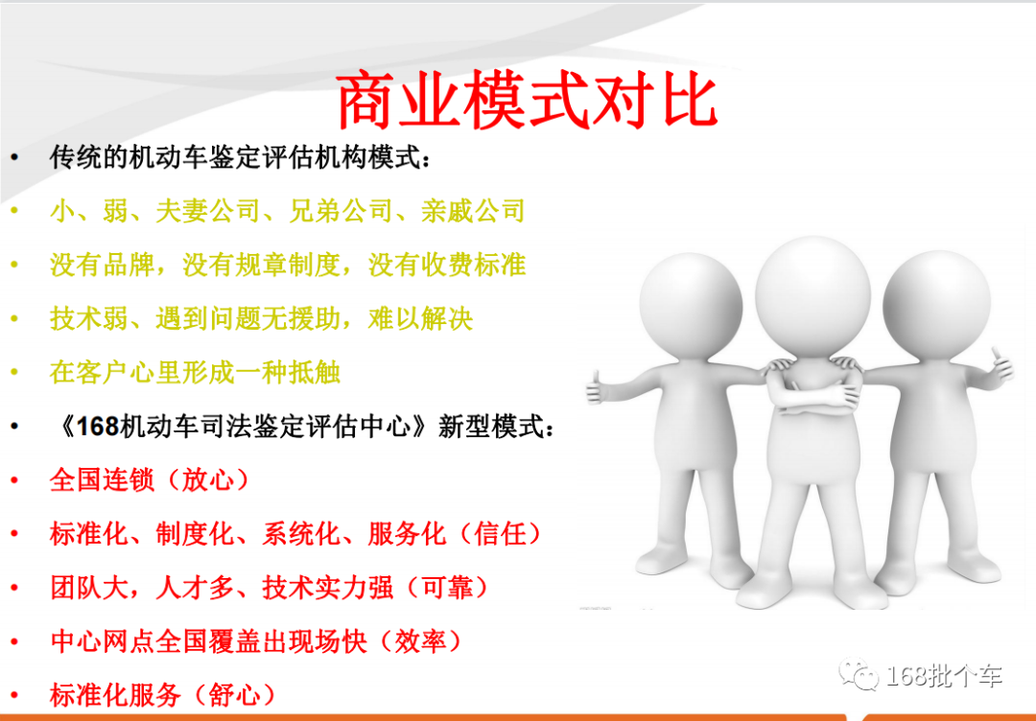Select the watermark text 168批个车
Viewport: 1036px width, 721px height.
[945, 675]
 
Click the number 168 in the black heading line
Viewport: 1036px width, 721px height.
[96, 427]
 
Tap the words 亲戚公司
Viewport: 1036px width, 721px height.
[473, 210]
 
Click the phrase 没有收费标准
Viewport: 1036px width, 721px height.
[447, 264]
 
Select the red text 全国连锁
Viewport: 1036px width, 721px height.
[102, 478]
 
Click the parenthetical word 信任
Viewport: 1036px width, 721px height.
[501, 533]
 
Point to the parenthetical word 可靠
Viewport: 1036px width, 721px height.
[448, 588]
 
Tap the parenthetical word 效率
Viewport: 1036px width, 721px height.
[421, 640]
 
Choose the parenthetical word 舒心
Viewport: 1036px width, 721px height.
[235, 693]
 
